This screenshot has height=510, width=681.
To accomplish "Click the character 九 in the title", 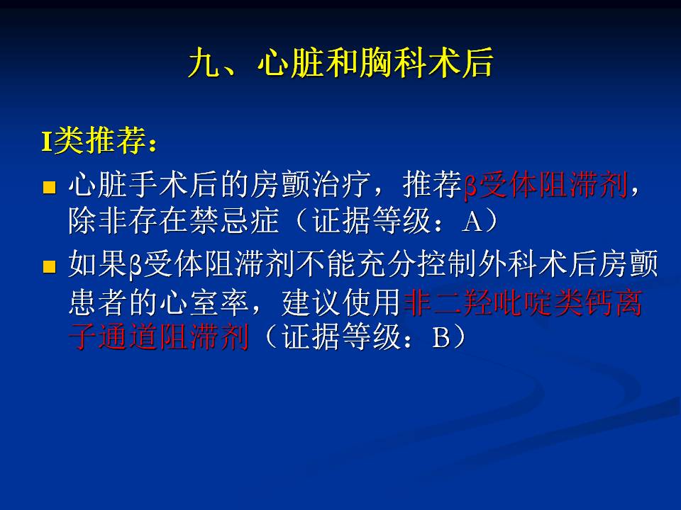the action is tap(204, 63).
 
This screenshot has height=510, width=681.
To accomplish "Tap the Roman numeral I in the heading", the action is tap(47, 141).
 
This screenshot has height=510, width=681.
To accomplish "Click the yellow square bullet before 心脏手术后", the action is tap(50, 187).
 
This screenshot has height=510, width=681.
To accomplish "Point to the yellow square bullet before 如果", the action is tap(50, 266).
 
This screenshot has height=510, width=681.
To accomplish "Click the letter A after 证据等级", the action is tap(473, 222).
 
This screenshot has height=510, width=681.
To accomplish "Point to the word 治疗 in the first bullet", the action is tap(341, 185).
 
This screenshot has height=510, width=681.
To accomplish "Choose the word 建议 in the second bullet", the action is tap(311, 302).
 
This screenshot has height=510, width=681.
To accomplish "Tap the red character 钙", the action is tap(597, 302).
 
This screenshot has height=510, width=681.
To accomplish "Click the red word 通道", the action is tap(129, 337).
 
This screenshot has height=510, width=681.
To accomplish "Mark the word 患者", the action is tap(99, 302).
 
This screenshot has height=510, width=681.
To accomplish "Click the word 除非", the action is tap(99, 220).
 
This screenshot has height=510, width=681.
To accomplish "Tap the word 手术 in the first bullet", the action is tap(159, 185).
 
